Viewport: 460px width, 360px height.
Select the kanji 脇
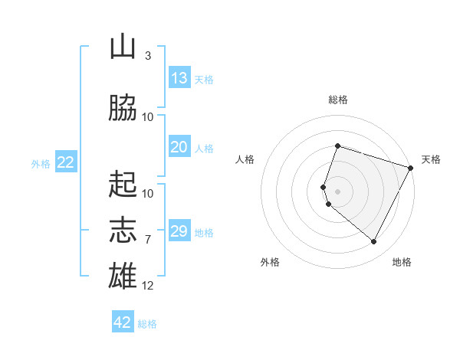click(123, 107)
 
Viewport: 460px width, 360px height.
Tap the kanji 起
click(123, 184)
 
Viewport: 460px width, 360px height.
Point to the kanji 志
click(123, 230)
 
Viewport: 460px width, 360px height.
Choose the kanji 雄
click(123, 275)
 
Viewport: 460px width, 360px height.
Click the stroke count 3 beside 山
click(148, 56)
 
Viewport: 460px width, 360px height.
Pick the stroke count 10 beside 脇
click(147, 117)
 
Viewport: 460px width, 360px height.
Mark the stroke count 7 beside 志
click(148, 240)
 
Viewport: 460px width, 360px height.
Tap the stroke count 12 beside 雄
click(147, 286)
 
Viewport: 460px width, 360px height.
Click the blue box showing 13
click(179, 77)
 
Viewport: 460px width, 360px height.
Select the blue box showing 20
click(179, 146)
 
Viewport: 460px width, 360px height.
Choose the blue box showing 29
click(179, 230)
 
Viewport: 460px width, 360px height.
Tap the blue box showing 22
click(66, 162)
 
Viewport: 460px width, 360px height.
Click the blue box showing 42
click(123, 321)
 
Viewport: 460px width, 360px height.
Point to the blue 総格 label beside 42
click(147, 324)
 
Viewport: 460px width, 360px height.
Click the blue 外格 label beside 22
click(41, 164)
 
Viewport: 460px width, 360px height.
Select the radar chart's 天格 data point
click(410, 168)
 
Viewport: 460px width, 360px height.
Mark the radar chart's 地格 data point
click(373, 241)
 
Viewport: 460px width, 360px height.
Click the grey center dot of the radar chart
click(337, 191)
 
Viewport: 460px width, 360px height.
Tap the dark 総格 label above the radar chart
click(338, 100)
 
